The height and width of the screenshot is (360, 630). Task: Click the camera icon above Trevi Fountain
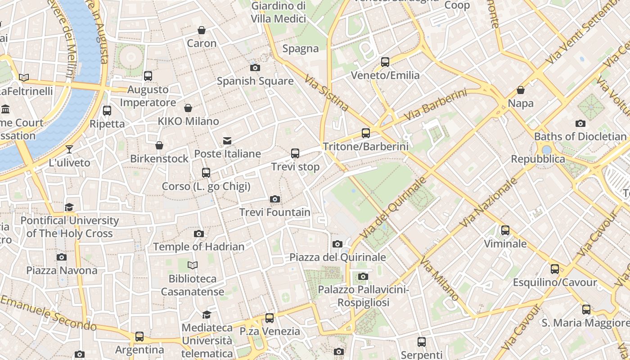tap(275, 199)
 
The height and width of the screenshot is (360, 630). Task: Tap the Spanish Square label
tap(255, 81)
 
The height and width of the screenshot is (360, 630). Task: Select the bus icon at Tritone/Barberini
tap(366, 133)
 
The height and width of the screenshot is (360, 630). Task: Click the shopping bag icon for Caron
tap(202, 30)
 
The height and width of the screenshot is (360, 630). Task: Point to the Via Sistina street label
tap(327, 93)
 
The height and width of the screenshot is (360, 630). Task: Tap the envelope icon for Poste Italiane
tap(227, 141)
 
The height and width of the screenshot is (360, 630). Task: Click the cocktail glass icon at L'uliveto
tap(69, 149)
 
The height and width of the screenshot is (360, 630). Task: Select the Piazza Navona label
tap(62, 270)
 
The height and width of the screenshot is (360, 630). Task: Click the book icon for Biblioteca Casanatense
tap(193, 265)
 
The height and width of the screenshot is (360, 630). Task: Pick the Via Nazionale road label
tap(489, 202)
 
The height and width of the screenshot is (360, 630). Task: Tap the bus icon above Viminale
tap(505, 230)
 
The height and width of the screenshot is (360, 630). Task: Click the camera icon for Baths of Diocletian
tap(580, 123)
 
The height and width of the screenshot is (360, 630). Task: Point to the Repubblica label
tap(538, 159)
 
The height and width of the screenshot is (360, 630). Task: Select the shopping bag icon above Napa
tap(521, 90)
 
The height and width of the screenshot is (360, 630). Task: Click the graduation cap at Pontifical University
tap(69, 207)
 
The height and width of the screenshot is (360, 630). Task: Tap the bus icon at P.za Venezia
tap(270, 318)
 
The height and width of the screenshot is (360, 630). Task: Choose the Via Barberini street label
tap(435, 104)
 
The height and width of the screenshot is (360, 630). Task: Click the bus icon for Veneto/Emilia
tap(385, 62)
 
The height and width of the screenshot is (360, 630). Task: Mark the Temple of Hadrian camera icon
tap(199, 234)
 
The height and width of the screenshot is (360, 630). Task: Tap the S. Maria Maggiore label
tap(585, 323)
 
